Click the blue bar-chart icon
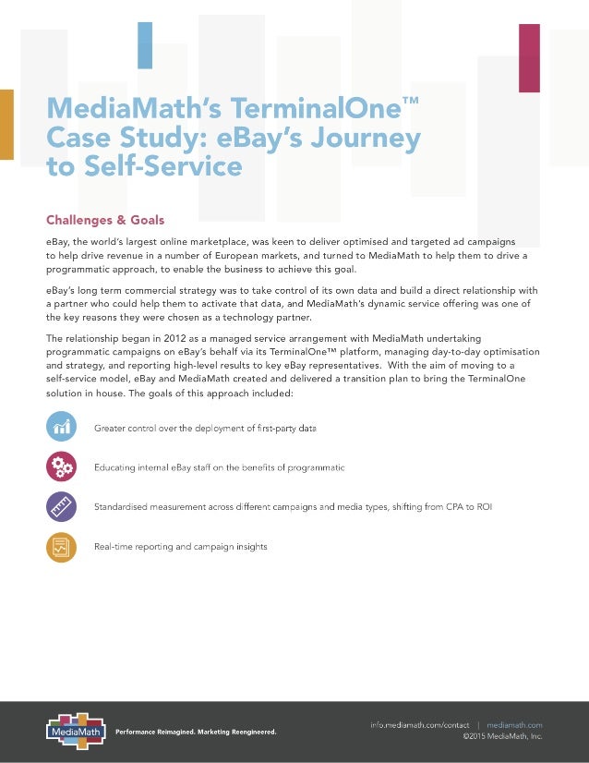pyautogui.click(x=61, y=427)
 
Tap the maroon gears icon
pyautogui.click(x=61, y=466)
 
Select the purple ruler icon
pyautogui.click(x=61, y=506)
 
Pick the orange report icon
pyautogui.click(x=61, y=547)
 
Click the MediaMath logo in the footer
pyautogui.click(x=75, y=730)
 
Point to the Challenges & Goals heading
pyautogui.click(x=105, y=220)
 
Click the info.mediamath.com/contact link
pyautogui.click(x=420, y=725)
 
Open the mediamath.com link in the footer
pyautogui.click(x=514, y=725)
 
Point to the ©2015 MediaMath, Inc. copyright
pyautogui.click(x=502, y=737)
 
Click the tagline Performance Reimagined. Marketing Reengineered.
pyautogui.click(x=196, y=733)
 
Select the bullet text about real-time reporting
pyautogui.click(x=181, y=547)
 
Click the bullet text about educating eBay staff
pyautogui.click(x=220, y=467)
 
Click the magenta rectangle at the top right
pyautogui.click(x=529, y=57)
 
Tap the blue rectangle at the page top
pyautogui.click(x=145, y=45)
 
